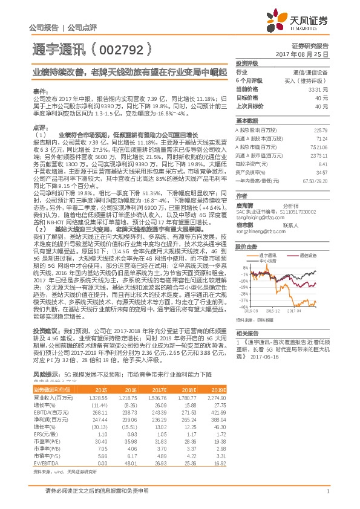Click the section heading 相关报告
point(247,333)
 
